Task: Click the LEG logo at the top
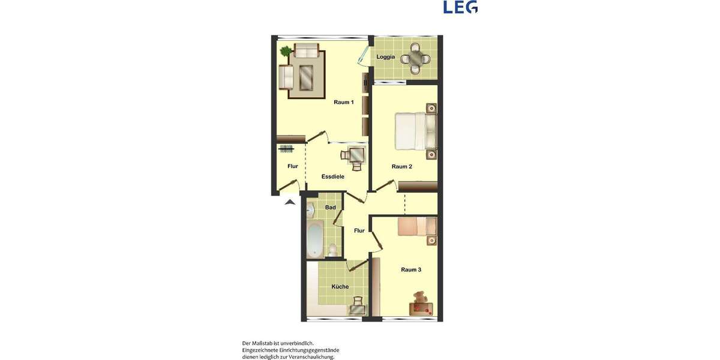(460, 7)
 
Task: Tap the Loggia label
(385, 57)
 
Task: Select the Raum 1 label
(344, 103)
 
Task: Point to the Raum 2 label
(401, 167)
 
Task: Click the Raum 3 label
(411, 270)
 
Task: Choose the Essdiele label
(332, 177)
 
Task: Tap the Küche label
(340, 287)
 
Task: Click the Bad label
(330, 208)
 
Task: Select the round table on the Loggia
(415, 59)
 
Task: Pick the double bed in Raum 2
(415, 131)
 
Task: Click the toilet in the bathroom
(332, 248)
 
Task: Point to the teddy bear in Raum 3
(420, 298)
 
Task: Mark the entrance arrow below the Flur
(290, 202)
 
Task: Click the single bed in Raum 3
(417, 227)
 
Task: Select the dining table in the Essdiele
(356, 155)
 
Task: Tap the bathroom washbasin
(310, 210)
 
